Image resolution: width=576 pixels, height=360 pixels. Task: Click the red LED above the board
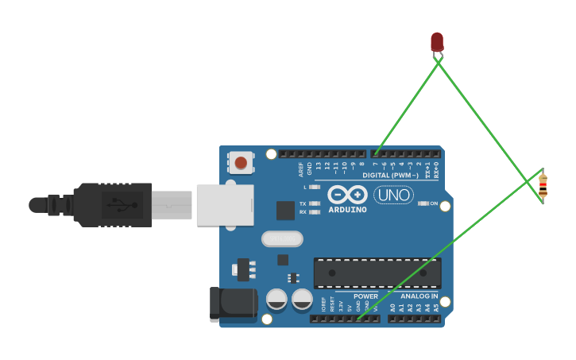[437, 41]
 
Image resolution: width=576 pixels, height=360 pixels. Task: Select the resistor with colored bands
[543, 186]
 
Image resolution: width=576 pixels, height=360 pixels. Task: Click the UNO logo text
[393, 195]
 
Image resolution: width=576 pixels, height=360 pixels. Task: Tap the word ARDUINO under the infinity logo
[347, 210]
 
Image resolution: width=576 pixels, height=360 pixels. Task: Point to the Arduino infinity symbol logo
[347, 195]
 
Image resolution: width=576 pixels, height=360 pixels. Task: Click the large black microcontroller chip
[377, 273]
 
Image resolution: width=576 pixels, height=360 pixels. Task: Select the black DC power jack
[232, 304]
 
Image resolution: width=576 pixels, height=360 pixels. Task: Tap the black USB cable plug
[111, 204]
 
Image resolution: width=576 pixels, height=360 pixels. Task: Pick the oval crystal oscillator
[282, 238]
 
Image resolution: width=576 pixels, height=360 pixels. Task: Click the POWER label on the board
[365, 296]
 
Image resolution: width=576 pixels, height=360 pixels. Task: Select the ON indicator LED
[423, 203]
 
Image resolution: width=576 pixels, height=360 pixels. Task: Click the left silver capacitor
[276, 299]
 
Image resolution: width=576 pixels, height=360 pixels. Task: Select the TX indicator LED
[315, 203]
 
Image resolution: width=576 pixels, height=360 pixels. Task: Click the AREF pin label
[301, 168]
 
